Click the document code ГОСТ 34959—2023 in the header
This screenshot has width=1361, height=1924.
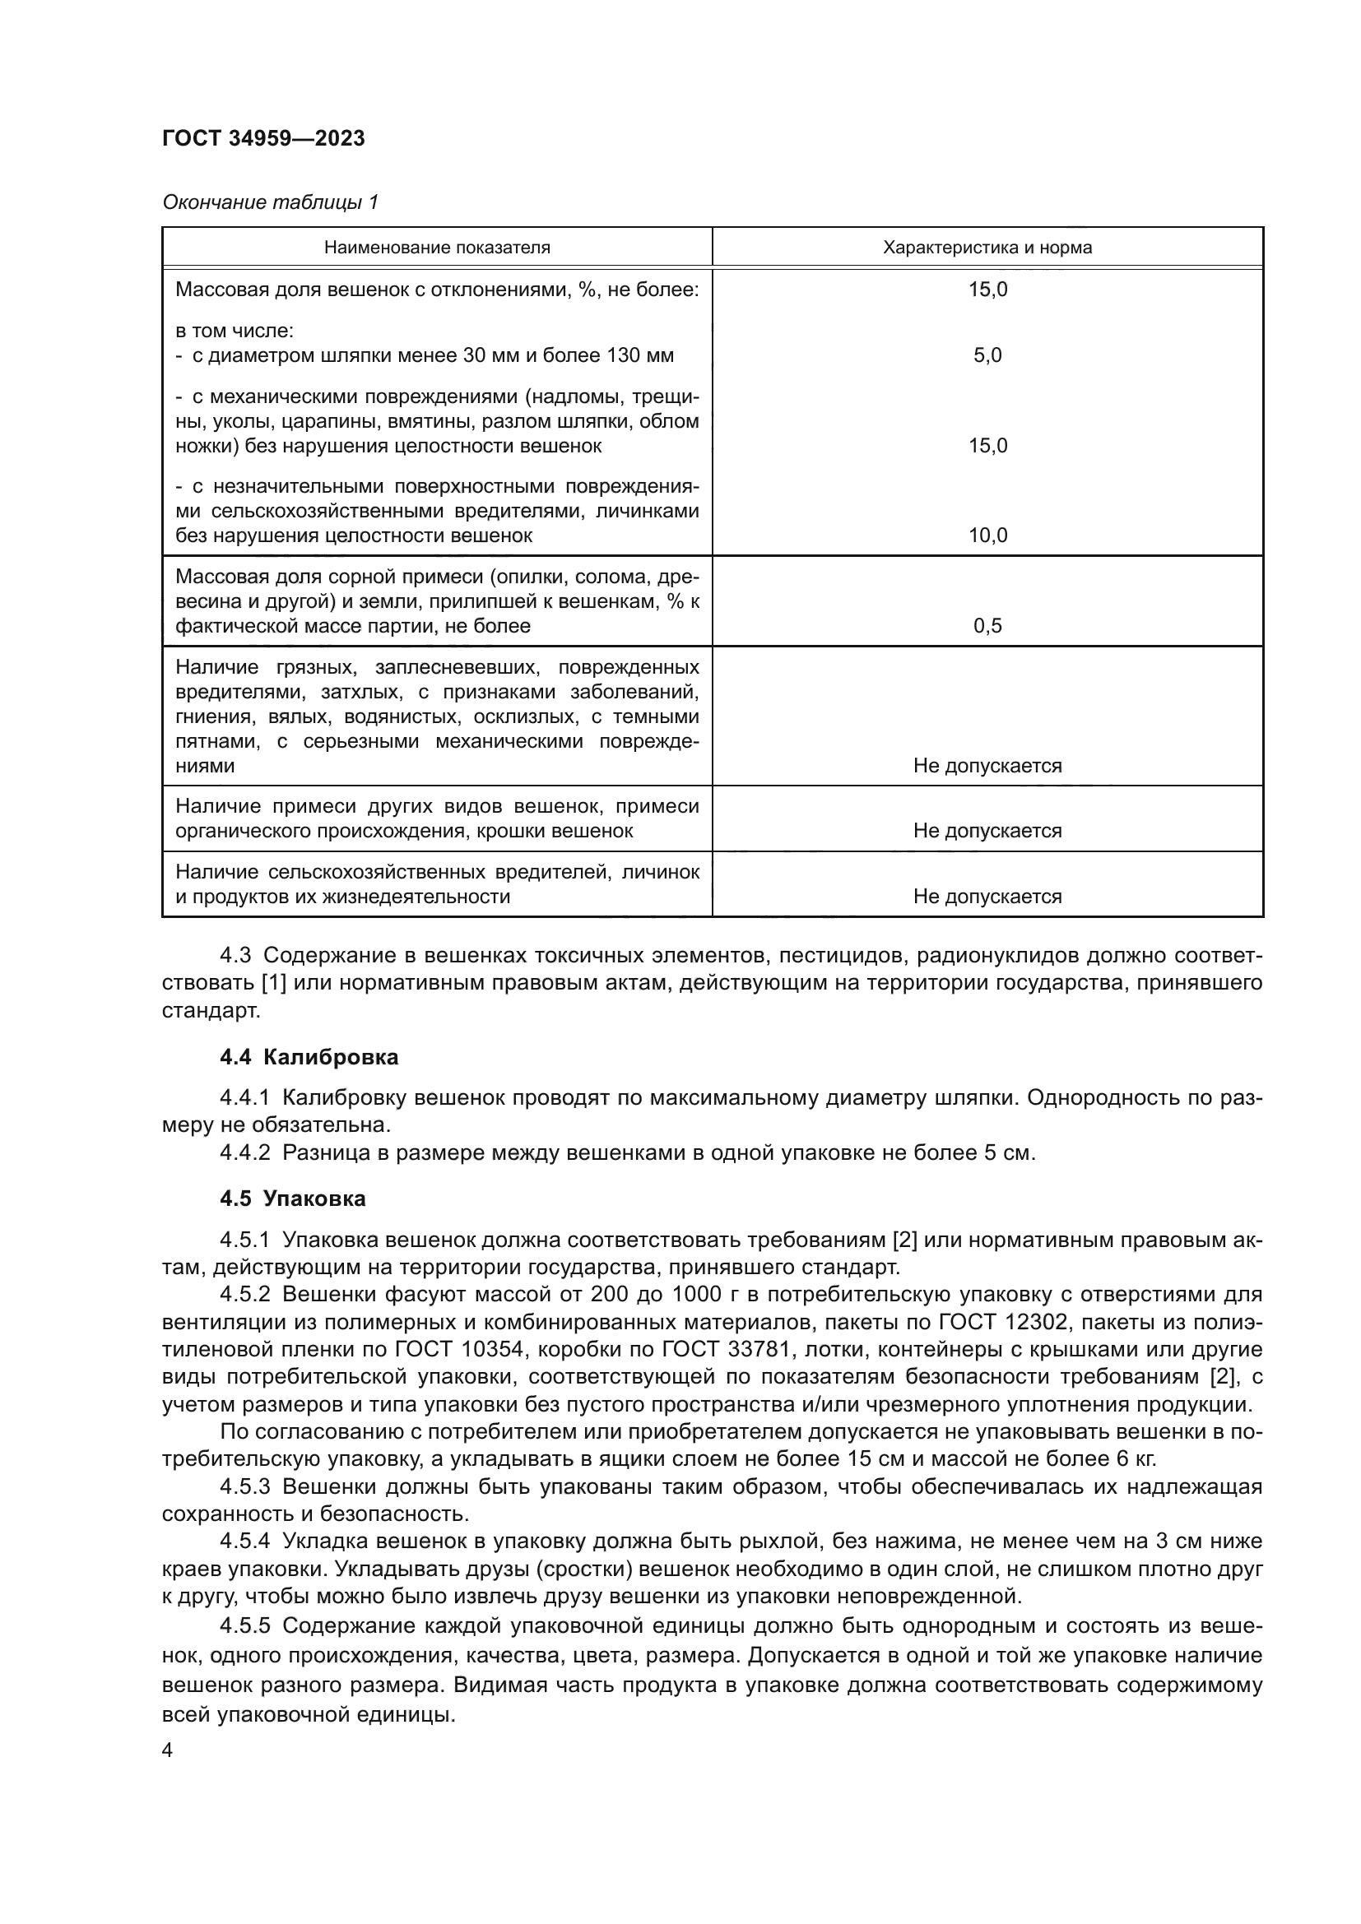click(x=263, y=139)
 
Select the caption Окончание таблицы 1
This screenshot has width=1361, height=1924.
click(x=270, y=202)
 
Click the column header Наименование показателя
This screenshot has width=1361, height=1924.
click(x=437, y=248)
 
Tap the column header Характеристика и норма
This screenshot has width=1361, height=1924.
click(x=987, y=248)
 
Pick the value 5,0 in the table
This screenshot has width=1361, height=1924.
click(x=987, y=355)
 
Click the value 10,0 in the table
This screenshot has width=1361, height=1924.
click(x=987, y=535)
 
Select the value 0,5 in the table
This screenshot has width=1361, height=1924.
click(x=987, y=626)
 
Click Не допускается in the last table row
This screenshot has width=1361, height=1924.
click(x=987, y=897)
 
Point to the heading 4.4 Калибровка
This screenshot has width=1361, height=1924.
click(x=309, y=1058)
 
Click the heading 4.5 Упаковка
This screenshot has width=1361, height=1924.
click(x=292, y=1199)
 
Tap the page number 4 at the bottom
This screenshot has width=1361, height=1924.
click(x=168, y=1751)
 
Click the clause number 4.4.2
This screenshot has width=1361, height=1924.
click(x=244, y=1153)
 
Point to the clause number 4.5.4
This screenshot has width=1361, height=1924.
click(x=244, y=1541)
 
